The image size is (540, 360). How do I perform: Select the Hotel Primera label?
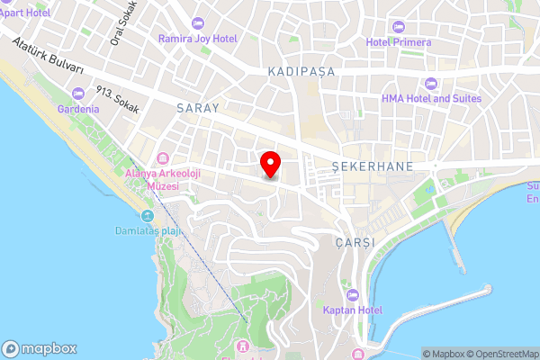(x=399, y=41)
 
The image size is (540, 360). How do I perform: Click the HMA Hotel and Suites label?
(x=431, y=98)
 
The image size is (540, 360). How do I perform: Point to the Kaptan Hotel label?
(x=352, y=310)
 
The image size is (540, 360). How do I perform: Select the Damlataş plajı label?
(x=148, y=231)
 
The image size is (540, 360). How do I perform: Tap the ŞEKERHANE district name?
(x=372, y=166)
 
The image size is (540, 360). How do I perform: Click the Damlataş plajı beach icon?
(x=147, y=216)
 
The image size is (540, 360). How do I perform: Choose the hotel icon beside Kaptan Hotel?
(x=352, y=294)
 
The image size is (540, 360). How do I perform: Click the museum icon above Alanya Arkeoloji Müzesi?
(x=162, y=159)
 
